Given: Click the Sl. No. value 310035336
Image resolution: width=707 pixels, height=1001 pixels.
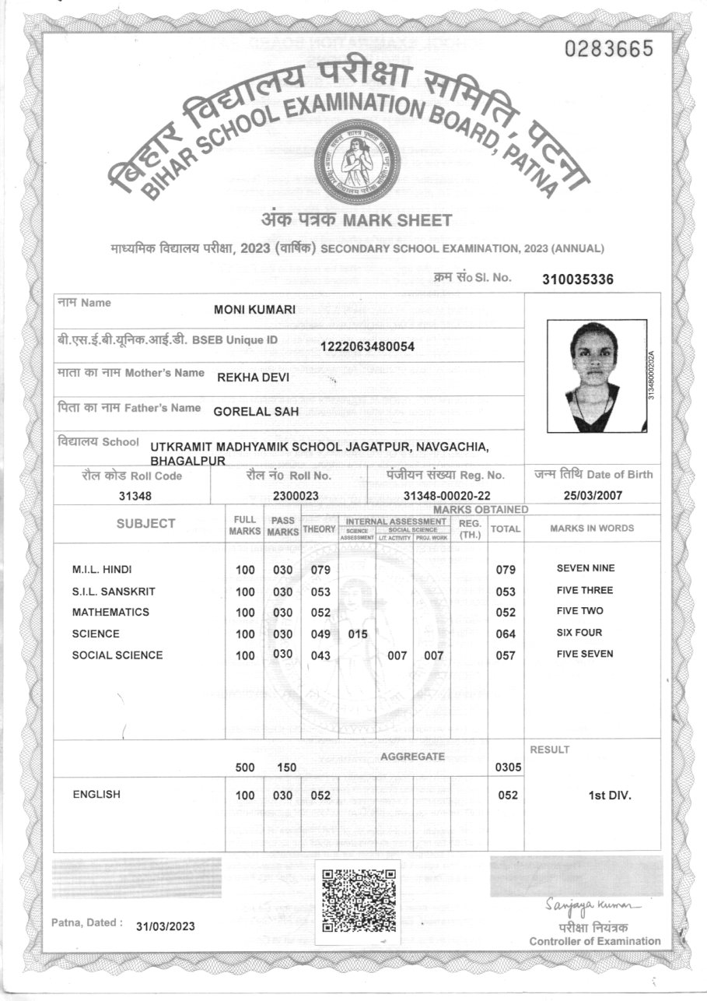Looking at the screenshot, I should click(x=578, y=279).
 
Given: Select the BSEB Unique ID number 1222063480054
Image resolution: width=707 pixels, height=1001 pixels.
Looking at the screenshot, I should click(x=367, y=346).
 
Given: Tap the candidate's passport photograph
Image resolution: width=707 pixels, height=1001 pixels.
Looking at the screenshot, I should click(x=596, y=376).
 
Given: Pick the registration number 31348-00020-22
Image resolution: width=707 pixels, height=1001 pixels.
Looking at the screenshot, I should click(x=446, y=495).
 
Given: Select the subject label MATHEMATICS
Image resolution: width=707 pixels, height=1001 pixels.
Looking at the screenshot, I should click(x=110, y=612).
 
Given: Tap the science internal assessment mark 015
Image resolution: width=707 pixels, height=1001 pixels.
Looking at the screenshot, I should click(x=357, y=634).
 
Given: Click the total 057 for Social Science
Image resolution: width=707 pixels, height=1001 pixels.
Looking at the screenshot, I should click(x=506, y=655).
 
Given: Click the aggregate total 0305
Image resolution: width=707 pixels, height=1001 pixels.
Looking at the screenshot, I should click(x=506, y=768).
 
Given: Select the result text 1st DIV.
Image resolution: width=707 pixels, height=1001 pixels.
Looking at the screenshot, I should click(x=610, y=796).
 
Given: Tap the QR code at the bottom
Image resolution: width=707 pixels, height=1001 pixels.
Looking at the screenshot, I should click(x=357, y=899).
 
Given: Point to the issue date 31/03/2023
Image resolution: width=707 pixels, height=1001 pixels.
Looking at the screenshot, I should click(x=165, y=926).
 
